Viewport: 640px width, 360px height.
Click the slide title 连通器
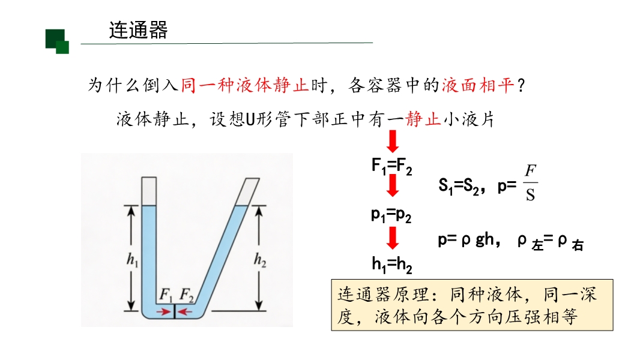[x=138, y=30]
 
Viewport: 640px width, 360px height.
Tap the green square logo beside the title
[x=58, y=41]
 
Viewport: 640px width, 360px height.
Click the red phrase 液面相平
[x=478, y=86]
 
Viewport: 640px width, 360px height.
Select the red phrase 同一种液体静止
[x=244, y=86]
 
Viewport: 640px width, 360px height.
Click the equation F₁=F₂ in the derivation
[x=391, y=166]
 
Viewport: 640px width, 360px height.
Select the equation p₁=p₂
[x=391, y=214]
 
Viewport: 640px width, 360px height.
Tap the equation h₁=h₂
[x=391, y=263]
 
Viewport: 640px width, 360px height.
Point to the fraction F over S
[x=530, y=183]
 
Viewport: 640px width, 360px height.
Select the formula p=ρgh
[x=465, y=240]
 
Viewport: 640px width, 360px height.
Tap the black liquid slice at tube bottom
[x=175, y=311]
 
